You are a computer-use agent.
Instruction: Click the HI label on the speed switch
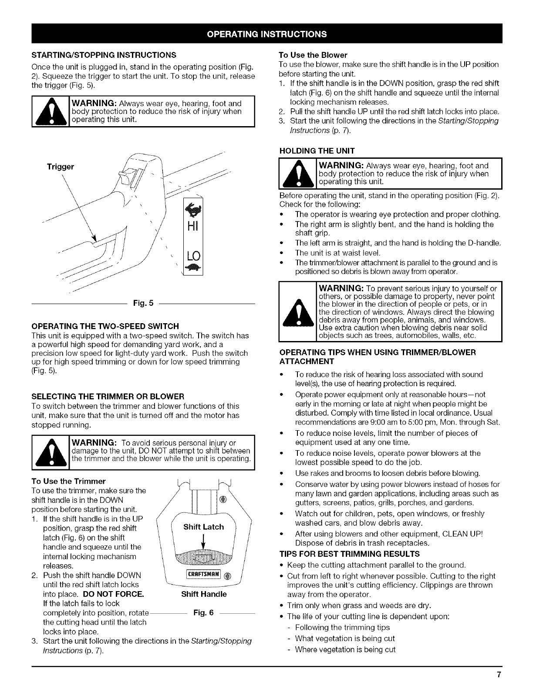[192, 227]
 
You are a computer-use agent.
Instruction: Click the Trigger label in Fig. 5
[61, 167]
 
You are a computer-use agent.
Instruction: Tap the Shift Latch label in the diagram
[203, 527]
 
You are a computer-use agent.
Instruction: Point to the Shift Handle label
[204, 594]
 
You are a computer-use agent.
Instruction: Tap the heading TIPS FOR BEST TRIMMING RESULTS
[349, 554]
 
